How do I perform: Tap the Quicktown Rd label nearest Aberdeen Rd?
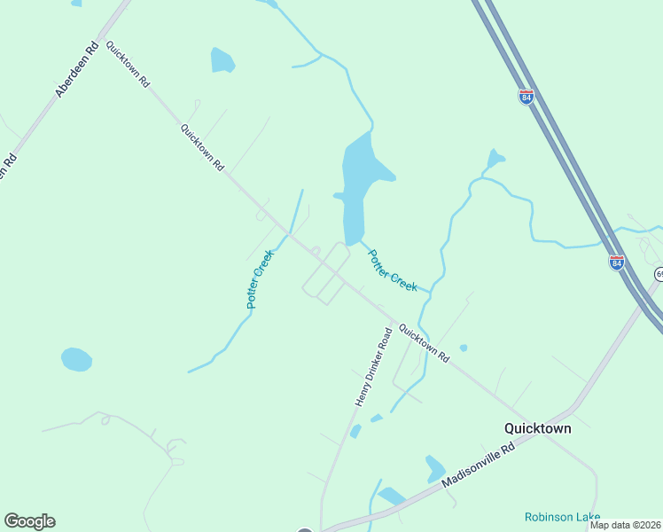point(128,63)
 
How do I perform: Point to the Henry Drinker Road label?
point(373,366)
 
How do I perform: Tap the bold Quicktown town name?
point(537,427)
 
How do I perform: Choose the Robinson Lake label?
point(561,517)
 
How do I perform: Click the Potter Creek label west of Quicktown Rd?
point(261,278)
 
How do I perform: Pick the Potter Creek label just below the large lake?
point(392,270)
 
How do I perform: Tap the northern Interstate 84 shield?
point(526,97)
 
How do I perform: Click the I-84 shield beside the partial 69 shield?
point(617,262)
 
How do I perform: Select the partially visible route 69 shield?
point(659,274)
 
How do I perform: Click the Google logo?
point(29,521)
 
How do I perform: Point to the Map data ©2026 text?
point(625,525)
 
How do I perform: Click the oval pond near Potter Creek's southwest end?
point(76,359)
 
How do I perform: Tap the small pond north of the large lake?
point(222,60)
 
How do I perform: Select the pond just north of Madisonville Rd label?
point(434,468)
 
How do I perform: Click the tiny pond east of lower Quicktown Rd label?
point(464,348)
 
